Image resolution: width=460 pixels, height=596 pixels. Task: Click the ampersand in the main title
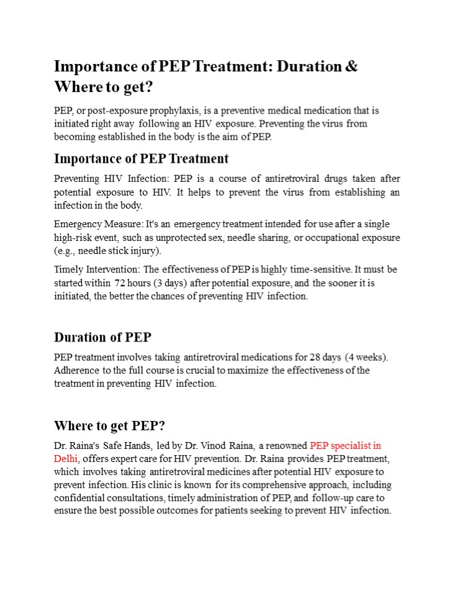[x=351, y=66]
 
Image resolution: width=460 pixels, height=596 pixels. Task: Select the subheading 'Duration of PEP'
[x=102, y=338]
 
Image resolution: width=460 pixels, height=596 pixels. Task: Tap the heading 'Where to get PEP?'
[x=110, y=426]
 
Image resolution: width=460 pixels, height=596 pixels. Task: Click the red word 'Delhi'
[x=66, y=459]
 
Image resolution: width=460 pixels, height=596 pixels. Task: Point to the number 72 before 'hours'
[x=120, y=283]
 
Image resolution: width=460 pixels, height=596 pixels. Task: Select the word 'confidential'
[x=83, y=499]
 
